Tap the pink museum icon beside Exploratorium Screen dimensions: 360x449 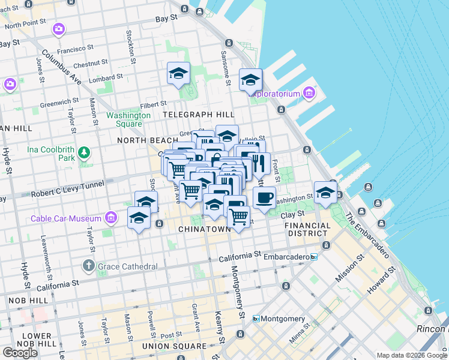coord(309,93)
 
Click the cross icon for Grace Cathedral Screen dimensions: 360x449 coord(88,266)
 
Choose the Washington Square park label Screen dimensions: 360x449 coord(128,119)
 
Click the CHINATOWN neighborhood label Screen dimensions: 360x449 coord(205,229)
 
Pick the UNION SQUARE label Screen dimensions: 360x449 coord(174,346)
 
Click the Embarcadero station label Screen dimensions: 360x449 coord(282,256)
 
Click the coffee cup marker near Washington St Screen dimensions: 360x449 coord(264,197)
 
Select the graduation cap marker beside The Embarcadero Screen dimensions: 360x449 coord(325,192)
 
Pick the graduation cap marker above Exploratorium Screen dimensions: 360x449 coord(250,79)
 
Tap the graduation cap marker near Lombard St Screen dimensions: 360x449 coord(178,73)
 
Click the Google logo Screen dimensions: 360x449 coord(20,353)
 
